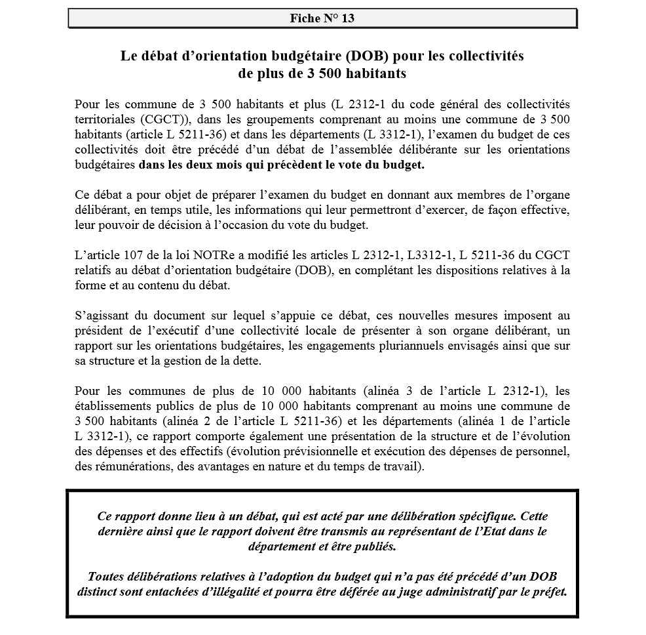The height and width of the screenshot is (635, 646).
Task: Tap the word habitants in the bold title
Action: (x=372, y=73)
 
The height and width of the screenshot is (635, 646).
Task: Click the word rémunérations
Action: (x=126, y=467)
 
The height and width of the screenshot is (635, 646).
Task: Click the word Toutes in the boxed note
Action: (x=105, y=576)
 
